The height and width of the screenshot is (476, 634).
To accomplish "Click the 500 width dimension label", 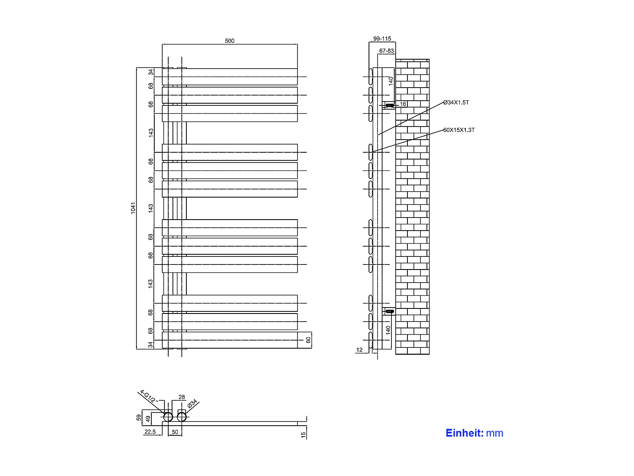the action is (230, 41).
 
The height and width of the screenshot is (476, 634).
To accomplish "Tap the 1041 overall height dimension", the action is (133, 208).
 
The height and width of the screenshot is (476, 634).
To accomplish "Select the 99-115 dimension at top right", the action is (382, 39).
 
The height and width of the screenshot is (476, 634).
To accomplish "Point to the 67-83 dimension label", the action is (386, 51).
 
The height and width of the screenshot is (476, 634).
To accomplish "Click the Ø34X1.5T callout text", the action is (456, 102).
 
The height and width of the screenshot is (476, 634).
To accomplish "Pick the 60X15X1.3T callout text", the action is (459, 130).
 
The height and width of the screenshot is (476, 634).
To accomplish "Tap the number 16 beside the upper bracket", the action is (403, 104).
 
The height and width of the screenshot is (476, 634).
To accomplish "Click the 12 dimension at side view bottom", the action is (359, 350).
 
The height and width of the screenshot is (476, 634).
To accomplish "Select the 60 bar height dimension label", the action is (308, 340).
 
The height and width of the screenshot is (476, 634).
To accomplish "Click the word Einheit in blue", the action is (465, 433).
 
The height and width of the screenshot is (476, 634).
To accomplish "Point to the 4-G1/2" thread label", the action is (149, 396).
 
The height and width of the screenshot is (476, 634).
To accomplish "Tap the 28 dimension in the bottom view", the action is (182, 397).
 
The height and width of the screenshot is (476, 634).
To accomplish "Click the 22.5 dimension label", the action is (150, 432).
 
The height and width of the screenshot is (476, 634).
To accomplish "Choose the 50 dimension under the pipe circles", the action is (175, 432).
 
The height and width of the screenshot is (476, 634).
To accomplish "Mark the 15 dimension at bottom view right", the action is (303, 435).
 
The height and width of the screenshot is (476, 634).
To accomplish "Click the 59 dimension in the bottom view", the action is (139, 418).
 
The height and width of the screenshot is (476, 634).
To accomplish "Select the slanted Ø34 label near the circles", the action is (192, 403).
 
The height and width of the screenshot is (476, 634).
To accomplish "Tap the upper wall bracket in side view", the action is (389, 105).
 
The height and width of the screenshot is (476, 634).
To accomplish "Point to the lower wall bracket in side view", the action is (389, 311).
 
